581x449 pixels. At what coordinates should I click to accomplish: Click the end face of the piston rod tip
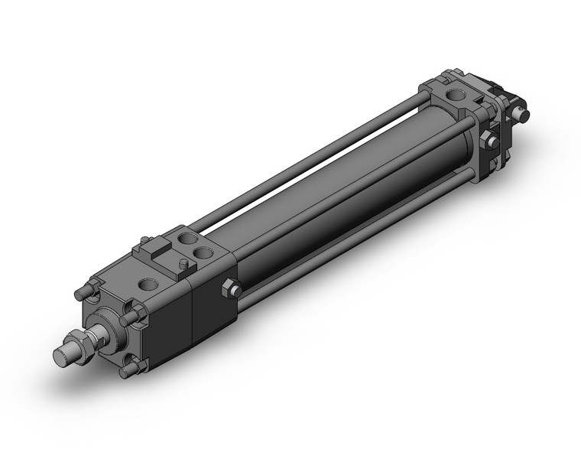65,357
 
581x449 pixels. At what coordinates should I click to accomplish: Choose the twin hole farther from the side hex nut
186,240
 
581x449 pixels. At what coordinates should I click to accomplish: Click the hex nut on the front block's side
231,288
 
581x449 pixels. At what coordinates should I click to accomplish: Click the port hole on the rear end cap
456,98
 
